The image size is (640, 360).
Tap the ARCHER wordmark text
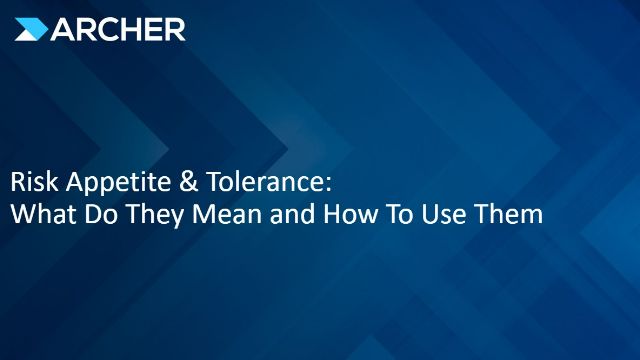tap(114, 29)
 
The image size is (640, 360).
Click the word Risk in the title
tap(31, 185)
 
